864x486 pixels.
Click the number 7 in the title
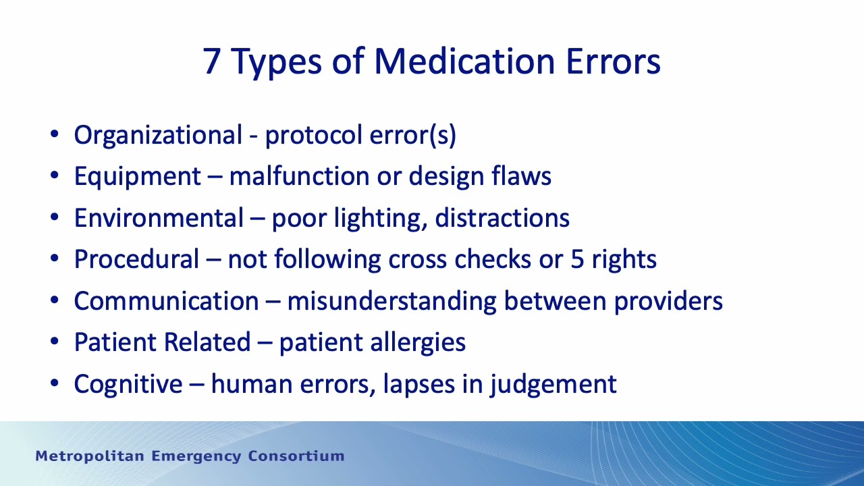[x=212, y=61]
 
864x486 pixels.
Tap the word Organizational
[x=157, y=135]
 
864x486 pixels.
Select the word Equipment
[x=137, y=177]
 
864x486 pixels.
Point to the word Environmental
[x=159, y=218]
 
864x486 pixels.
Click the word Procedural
[x=136, y=259]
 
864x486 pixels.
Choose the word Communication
[x=166, y=301]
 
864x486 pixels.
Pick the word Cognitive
[x=128, y=384]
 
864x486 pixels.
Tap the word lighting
[x=379, y=219]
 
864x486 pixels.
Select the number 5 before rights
[x=578, y=259]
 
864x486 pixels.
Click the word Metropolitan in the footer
[x=90, y=456]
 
